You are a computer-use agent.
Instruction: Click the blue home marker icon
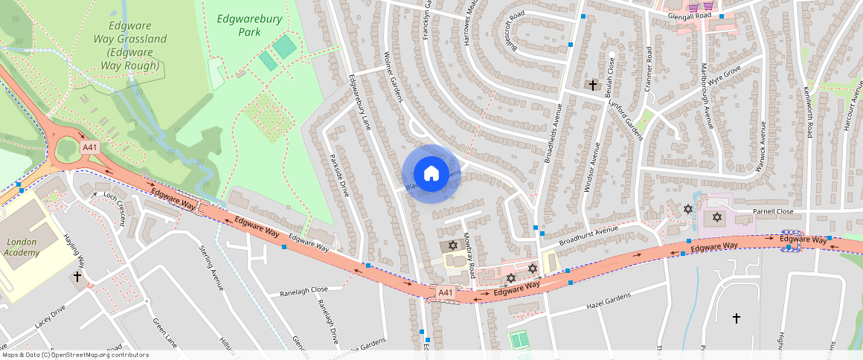(x=431, y=174)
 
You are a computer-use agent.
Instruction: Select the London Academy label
(x=21, y=247)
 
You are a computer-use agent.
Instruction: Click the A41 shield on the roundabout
(x=89, y=147)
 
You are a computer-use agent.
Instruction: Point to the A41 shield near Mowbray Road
(x=445, y=293)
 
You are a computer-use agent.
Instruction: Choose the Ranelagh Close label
(x=304, y=290)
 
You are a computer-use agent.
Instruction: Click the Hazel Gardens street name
(x=609, y=300)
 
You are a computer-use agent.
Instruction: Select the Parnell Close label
(x=774, y=211)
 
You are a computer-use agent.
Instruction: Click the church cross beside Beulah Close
(x=593, y=86)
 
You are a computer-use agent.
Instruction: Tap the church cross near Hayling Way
(x=77, y=276)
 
